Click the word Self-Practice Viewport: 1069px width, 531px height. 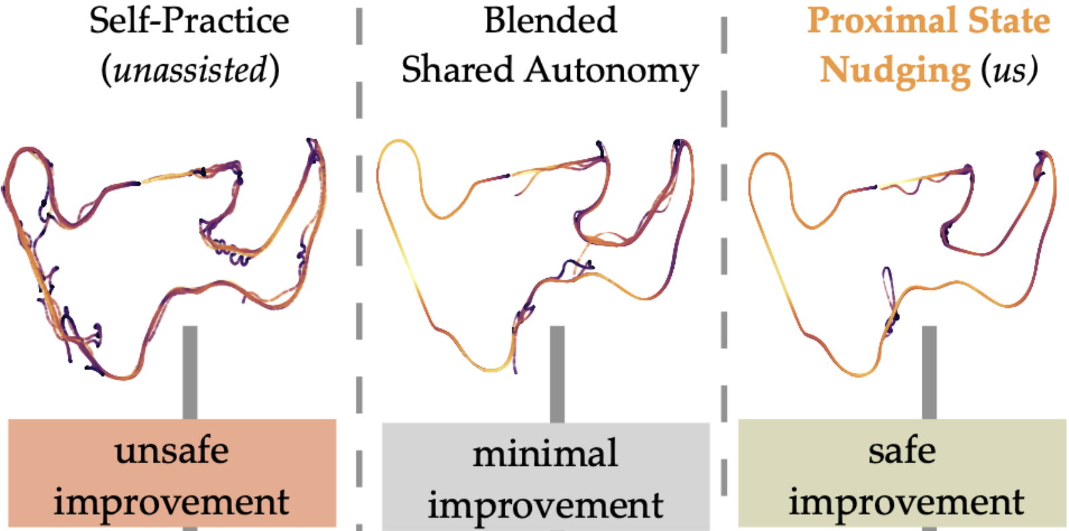coord(189,21)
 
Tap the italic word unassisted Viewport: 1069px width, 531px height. coord(190,70)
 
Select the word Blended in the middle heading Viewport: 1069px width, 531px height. coord(550,21)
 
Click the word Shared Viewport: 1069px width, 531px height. coord(457,70)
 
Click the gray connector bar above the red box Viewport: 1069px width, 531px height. coord(190,373)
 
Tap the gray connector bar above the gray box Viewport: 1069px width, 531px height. coord(557,374)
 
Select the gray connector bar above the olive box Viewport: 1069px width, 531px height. coord(929,373)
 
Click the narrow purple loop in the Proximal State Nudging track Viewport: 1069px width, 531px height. coord(888,286)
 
